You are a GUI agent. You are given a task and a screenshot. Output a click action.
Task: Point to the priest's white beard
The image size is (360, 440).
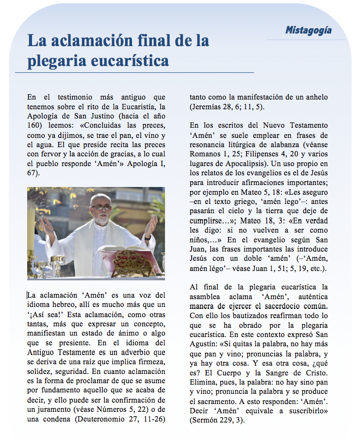pos(101,217)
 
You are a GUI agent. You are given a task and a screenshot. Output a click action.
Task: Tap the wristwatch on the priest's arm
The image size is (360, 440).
pos(147,238)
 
